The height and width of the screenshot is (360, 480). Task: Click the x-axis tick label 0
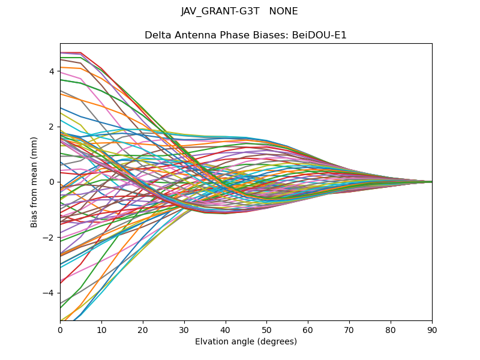coord(60,329)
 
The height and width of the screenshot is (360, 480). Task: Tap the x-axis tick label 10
coord(101,329)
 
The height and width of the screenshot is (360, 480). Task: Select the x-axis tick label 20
coord(143,329)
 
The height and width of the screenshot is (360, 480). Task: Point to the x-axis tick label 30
coord(184,329)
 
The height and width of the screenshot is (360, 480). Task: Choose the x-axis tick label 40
coord(226,329)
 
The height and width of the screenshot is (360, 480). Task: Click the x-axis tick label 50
coord(266,329)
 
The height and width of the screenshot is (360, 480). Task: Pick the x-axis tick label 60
coord(308,329)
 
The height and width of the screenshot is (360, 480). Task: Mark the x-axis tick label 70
coord(349,329)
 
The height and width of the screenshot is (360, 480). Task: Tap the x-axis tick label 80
coord(391,329)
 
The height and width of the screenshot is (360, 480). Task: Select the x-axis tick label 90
coord(432,329)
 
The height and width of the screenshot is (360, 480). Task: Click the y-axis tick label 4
coord(52,71)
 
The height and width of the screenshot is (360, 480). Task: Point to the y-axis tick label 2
coord(52,127)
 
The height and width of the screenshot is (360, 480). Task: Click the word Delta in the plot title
coord(157,35)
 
